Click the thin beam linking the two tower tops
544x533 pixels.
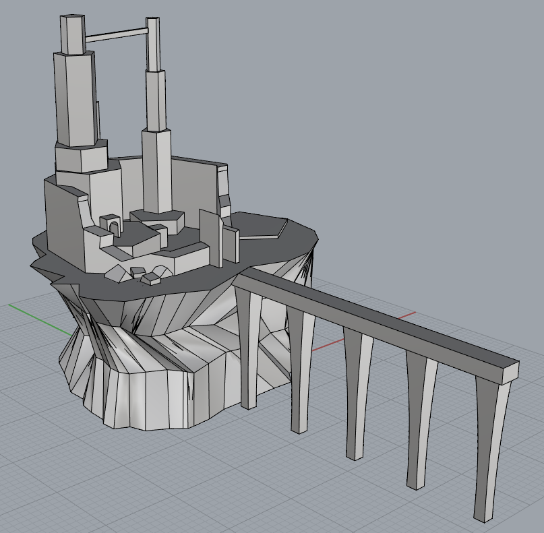pyautogui.click(x=116, y=34)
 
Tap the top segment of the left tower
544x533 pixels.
pyautogui.click(x=73, y=34)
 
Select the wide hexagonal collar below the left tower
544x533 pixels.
pyautogui.click(x=81, y=156)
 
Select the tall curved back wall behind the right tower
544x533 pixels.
pyautogui.click(x=195, y=185)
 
